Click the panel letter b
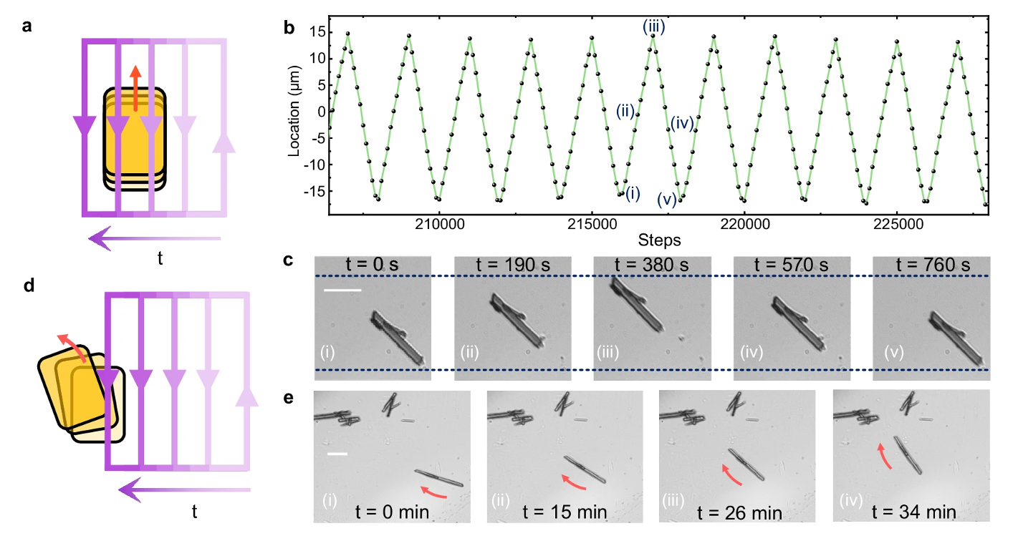pyautogui.click(x=289, y=29)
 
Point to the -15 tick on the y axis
pyautogui.click(x=316, y=191)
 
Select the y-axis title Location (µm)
pyautogui.click(x=296, y=118)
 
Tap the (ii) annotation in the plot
pyautogui.click(x=626, y=111)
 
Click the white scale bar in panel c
pyautogui.click(x=342, y=291)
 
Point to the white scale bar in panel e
pyautogui.click(x=337, y=454)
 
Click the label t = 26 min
pyautogui.click(x=736, y=512)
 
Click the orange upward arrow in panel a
pyautogui.click(x=135, y=87)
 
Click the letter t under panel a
pyautogui.click(x=160, y=259)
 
